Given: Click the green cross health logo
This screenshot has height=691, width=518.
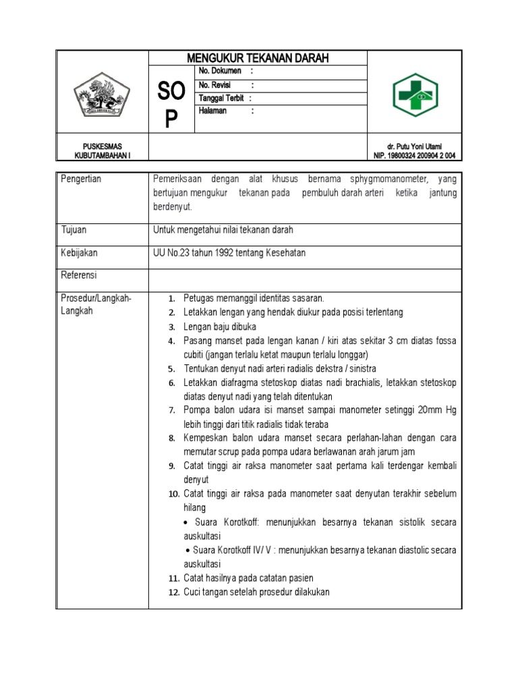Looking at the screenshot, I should pyautogui.click(x=415, y=95).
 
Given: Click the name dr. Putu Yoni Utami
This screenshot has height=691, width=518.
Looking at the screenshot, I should pyautogui.click(x=414, y=146).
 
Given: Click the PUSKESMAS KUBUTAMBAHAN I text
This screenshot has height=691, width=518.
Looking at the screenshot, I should pyautogui.click(x=102, y=150).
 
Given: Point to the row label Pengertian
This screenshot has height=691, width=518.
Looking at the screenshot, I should pyautogui.click(x=81, y=179).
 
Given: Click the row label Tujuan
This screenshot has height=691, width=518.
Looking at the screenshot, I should pyautogui.click(x=74, y=230).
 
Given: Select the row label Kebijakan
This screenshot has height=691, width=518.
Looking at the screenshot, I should pyautogui.click(x=79, y=252).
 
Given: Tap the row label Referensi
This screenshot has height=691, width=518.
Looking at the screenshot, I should pyautogui.click(x=79, y=275).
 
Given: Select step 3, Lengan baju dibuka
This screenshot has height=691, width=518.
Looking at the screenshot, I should pyautogui.click(x=220, y=327).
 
